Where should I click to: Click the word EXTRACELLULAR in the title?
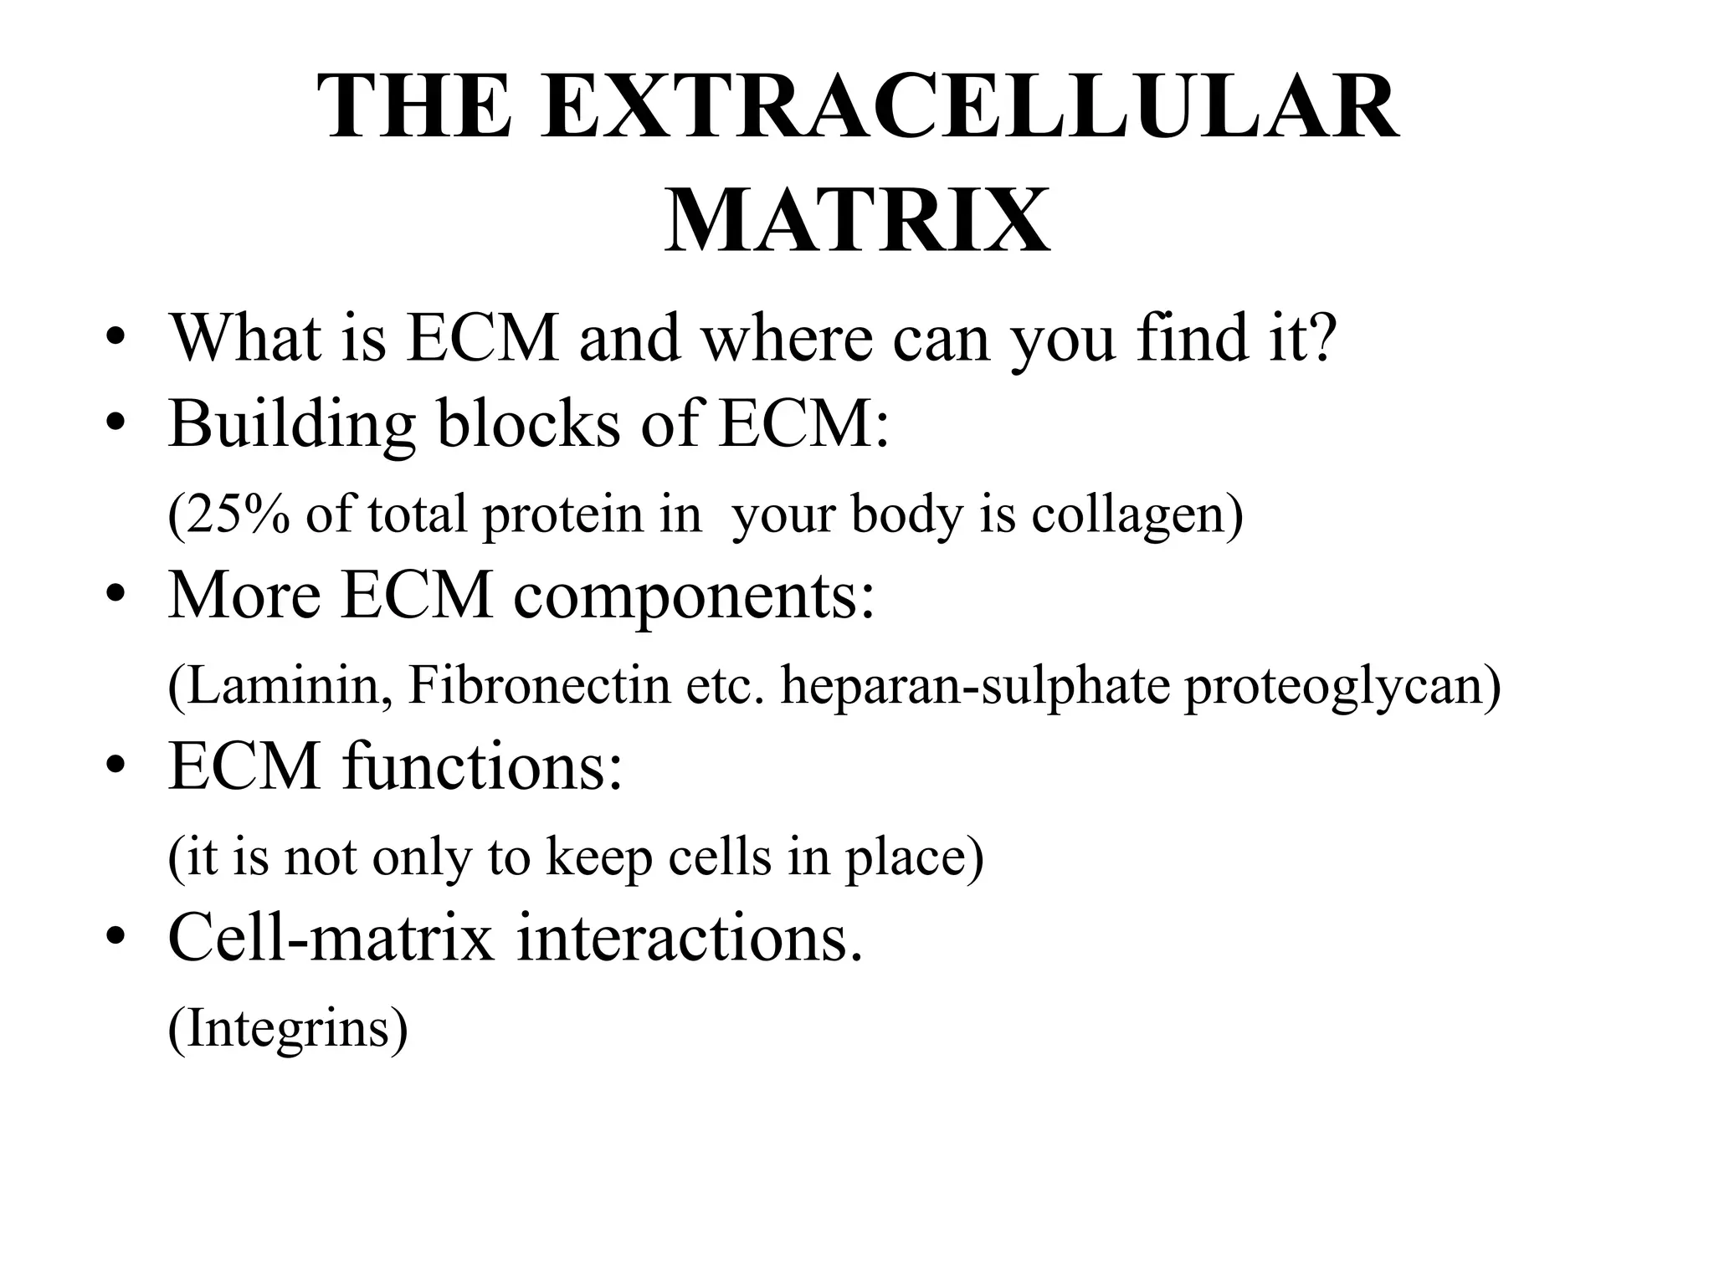[969, 107]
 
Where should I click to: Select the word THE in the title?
[415, 107]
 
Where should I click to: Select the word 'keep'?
[598, 858]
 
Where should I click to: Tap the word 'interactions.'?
[689, 938]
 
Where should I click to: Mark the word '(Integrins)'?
[288, 1029]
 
